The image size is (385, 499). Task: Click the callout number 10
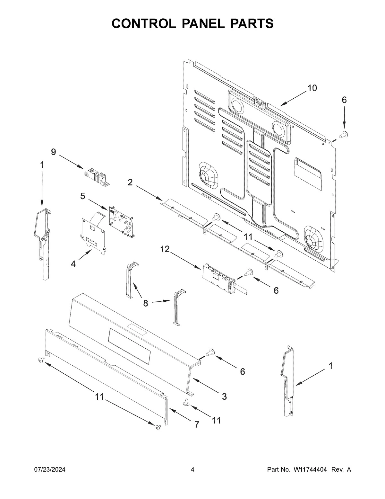[312, 88]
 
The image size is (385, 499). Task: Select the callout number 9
[53, 152]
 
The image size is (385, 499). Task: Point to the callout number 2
[130, 183]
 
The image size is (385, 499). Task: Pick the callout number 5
[83, 196]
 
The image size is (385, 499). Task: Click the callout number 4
[73, 264]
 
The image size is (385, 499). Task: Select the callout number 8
[146, 303]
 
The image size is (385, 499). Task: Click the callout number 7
[196, 424]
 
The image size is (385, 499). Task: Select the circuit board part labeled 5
[121, 221]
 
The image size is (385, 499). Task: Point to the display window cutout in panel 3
[130, 345]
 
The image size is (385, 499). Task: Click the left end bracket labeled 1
[43, 244]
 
